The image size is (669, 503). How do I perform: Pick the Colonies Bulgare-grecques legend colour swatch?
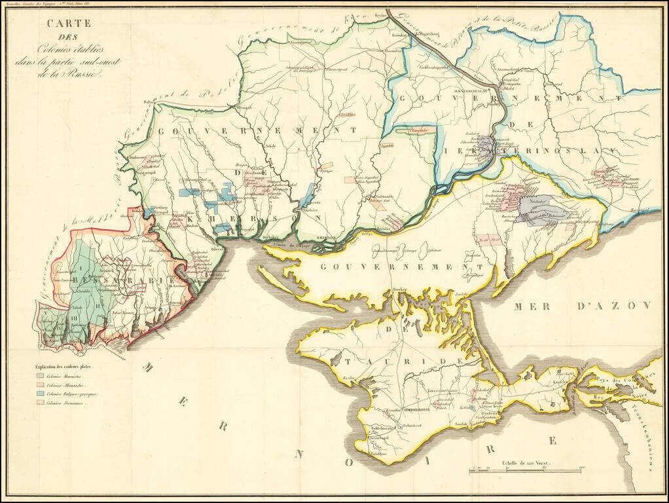tap(41, 394)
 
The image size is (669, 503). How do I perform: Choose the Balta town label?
tap(150, 102)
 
